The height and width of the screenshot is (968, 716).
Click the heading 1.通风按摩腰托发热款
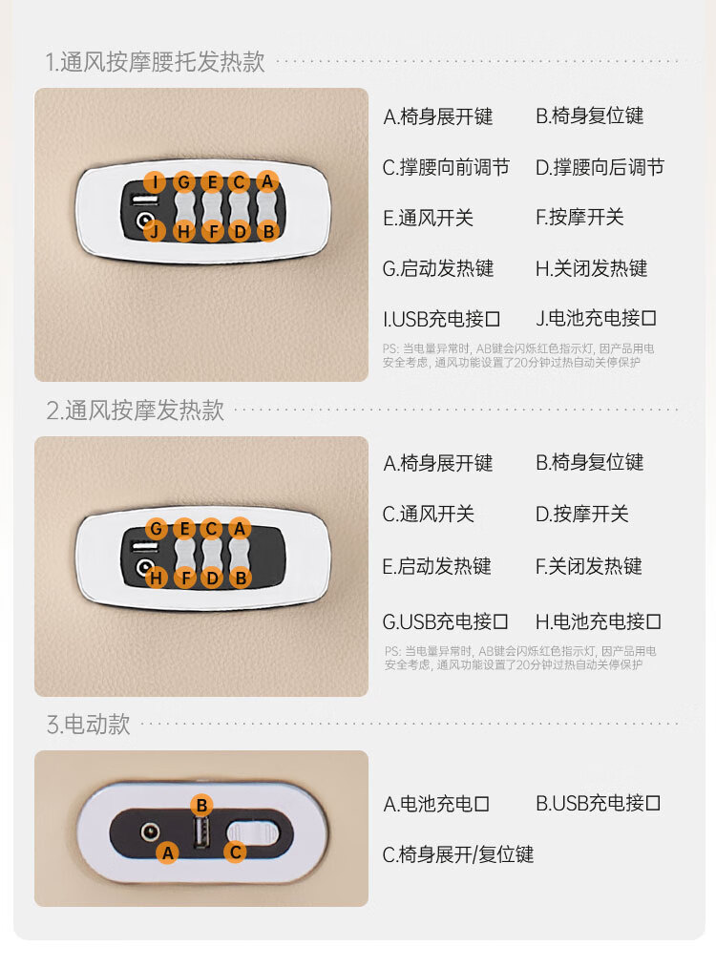156,63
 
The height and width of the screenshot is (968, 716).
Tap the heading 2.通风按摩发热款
136,410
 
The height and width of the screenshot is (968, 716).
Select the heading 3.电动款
89,724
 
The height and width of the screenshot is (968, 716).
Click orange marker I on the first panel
155,181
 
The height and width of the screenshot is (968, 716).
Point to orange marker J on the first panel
153,230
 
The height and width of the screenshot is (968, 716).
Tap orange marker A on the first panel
267,181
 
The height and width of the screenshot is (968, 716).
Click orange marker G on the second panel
157,529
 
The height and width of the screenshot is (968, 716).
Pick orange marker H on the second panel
157,577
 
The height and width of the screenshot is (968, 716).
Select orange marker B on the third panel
201,805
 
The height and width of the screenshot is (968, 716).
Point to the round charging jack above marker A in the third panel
150,831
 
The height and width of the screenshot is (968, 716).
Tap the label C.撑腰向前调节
446,168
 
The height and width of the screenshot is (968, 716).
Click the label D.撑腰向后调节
600,168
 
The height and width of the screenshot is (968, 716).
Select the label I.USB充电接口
442,319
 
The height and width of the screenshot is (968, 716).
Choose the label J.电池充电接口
597,319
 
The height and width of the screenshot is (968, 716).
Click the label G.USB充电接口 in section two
446,622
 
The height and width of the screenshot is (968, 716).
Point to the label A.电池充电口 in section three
436,804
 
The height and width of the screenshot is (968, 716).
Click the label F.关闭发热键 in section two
589,566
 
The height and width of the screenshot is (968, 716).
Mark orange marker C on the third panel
235,852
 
